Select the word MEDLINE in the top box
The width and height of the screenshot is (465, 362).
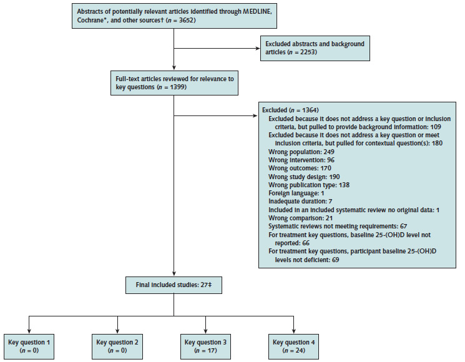tap(257, 12)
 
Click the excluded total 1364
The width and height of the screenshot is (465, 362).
tap(310, 110)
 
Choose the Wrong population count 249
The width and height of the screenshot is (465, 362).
tap(329, 152)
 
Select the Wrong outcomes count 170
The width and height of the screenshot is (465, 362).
tap(326, 169)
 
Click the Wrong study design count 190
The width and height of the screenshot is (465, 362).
tap(335, 177)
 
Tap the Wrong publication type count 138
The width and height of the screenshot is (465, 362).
tap(344, 185)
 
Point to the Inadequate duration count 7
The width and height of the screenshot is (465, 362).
tap(330, 202)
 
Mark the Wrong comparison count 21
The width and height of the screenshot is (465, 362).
tap(329, 218)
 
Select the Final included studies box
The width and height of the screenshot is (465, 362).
tap(174, 285)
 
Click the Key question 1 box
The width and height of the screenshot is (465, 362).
tap(29, 346)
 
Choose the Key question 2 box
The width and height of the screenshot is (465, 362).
tap(117, 346)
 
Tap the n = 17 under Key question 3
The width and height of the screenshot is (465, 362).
tap(205, 351)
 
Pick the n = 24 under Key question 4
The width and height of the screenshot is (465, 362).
tap(294, 351)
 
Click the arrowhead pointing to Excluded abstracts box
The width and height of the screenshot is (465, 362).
tap(258, 48)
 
